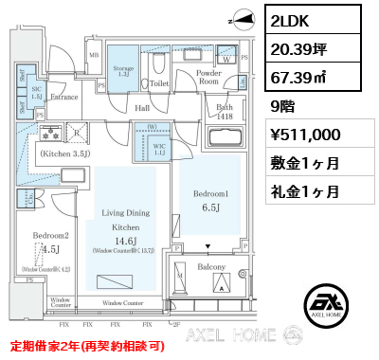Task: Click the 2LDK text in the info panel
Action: click(295, 20)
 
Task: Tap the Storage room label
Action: click(123, 69)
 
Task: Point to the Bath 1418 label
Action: click(225, 112)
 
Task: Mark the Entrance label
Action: click(64, 97)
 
